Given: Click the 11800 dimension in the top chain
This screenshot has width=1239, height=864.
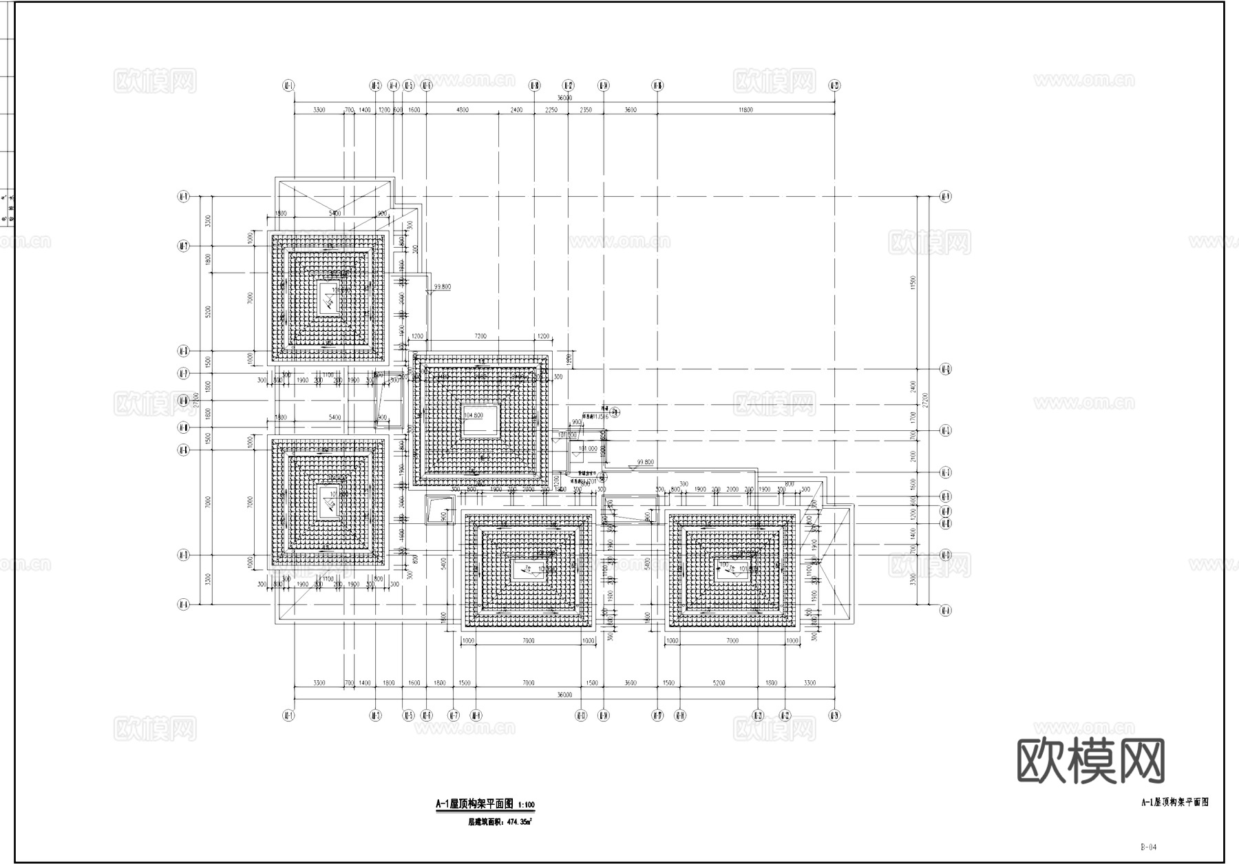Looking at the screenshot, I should click(x=745, y=109).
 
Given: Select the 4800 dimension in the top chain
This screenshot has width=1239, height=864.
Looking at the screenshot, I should click(x=463, y=109).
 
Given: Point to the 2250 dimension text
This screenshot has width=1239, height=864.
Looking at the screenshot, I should click(x=551, y=109).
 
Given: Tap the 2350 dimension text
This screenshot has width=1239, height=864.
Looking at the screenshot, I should click(x=586, y=109).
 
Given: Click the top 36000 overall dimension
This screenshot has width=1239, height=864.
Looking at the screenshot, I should click(x=564, y=98).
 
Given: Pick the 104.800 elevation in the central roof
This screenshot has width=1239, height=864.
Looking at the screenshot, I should click(x=474, y=416).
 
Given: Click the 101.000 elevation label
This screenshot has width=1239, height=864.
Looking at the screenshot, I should click(x=588, y=448).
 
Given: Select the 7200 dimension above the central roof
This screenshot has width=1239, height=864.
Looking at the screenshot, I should click(x=480, y=336).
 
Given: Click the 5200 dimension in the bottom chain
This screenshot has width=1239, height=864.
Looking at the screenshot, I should click(x=719, y=683).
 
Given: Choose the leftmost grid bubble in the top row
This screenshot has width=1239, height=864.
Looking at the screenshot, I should click(x=288, y=85).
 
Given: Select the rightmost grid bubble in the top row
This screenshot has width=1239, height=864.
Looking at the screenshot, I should click(x=834, y=85).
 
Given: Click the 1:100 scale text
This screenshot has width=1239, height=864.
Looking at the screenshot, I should click(x=526, y=805).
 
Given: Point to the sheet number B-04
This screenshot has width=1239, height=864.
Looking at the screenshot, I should click(x=1148, y=847).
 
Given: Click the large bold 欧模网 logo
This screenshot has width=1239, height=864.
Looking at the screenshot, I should click(x=1090, y=761).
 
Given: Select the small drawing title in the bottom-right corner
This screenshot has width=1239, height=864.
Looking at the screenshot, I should click(x=1175, y=802).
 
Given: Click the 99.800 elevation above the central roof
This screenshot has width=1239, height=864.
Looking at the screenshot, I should click(x=442, y=286).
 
